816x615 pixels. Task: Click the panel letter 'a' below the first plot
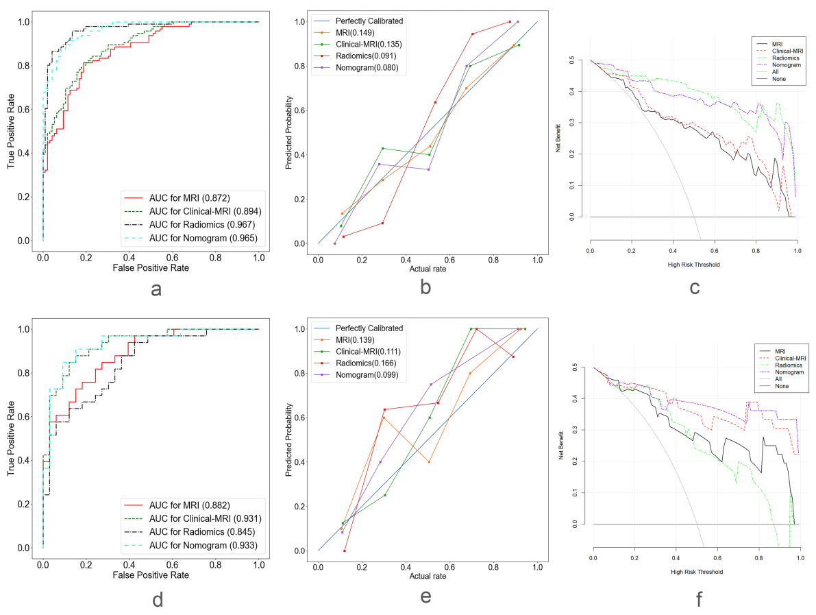click(x=156, y=289)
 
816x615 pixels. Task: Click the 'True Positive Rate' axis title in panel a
click(x=12, y=131)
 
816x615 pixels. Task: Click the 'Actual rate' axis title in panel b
click(x=428, y=269)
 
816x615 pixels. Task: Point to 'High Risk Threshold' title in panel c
click(x=693, y=263)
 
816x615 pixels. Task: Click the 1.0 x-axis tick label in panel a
click(x=259, y=257)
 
